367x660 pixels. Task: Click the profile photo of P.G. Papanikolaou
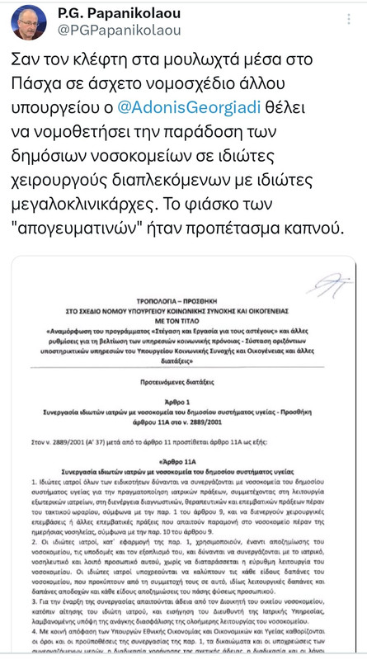(x=28, y=21)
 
